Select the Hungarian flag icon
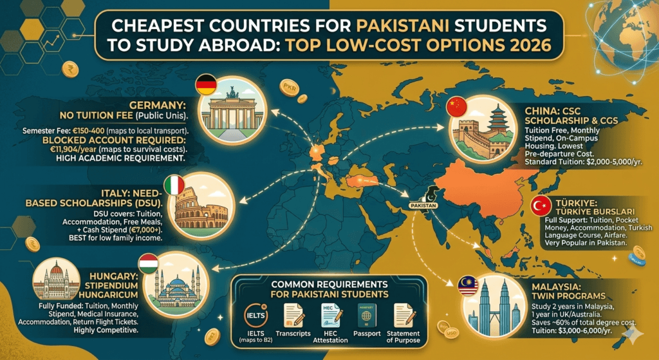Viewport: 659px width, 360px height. (148, 264)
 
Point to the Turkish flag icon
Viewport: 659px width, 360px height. (541, 206)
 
